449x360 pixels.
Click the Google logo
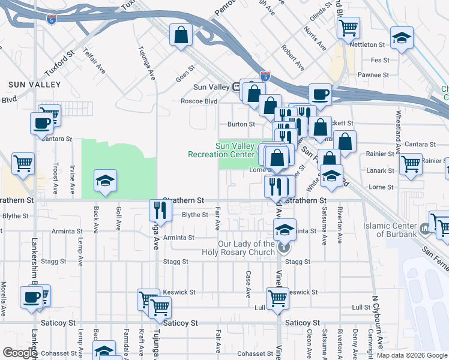click(20, 353)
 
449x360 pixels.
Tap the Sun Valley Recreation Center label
click(221, 150)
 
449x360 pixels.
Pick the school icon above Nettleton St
click(400, 38)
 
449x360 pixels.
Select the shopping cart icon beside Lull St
click(277, 298)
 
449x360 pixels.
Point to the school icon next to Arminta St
click(285, 229)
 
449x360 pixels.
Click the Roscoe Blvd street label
click(199, 101)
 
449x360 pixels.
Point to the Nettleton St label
click(367, 45)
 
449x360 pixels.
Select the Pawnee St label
click(373, 75)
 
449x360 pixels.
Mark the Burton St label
click(238, 124)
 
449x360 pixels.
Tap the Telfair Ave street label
click(94, 61)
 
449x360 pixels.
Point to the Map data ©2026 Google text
click(412, 355)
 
